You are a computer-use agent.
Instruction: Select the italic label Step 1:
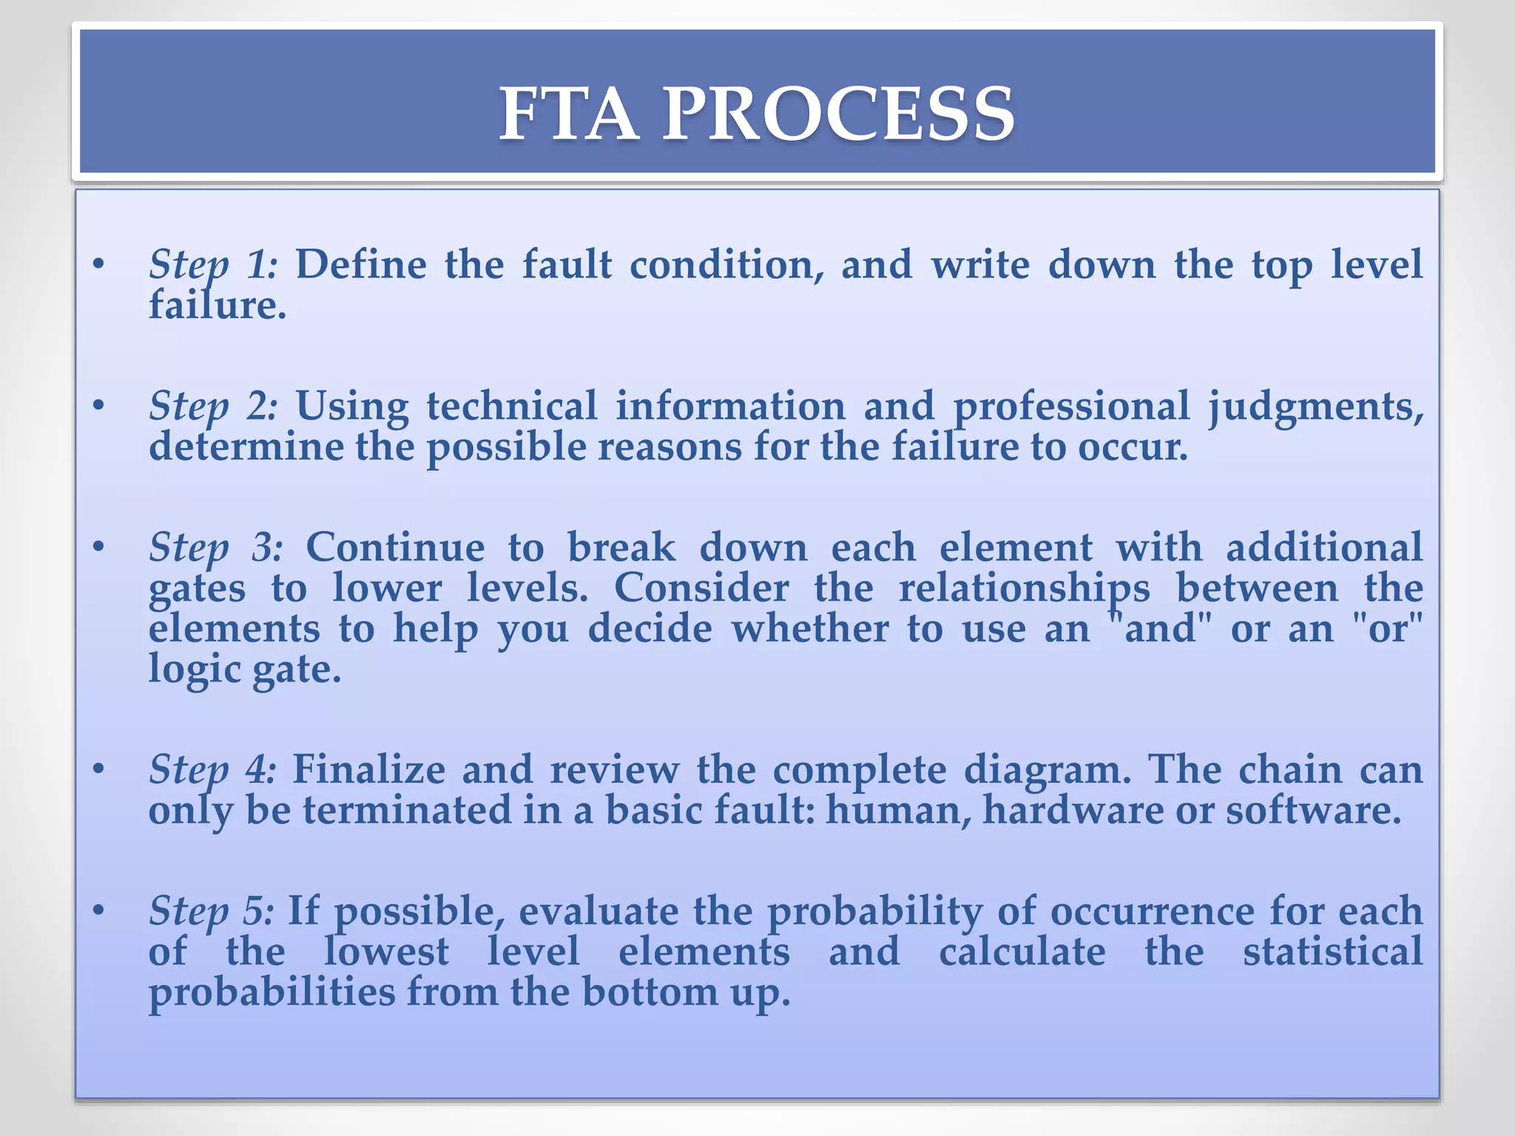[213, 265]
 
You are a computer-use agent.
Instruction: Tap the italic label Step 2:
[213, 406]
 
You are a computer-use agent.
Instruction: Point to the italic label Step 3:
[215, 547]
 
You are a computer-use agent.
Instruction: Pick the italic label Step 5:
[211, 910]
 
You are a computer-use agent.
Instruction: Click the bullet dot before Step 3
[98, 547]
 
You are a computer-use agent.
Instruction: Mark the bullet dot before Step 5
[98, 910]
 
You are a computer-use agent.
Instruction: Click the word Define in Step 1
[361, 265]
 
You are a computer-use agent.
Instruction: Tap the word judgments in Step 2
[1315, 408]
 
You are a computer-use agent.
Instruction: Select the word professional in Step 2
[1070, 408]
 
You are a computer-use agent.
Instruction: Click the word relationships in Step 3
[1024, 589]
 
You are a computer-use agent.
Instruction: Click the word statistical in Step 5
[1332, 951]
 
